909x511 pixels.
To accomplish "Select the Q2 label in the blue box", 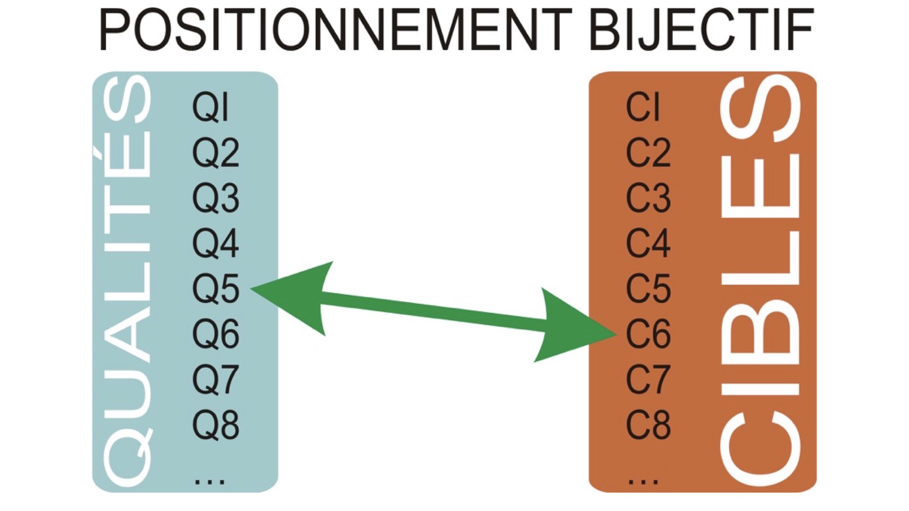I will pos(215,153).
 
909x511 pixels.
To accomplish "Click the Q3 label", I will pos(215,198).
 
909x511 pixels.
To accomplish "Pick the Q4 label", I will pos(215,243).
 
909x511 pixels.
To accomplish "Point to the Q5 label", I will pos(215,289).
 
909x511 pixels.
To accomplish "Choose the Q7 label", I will pos(215,379).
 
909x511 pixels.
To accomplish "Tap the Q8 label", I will pos(215,424).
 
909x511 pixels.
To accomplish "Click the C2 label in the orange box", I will pos(648,153).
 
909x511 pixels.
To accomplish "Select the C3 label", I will pos(648,198).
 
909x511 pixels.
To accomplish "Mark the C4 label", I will pos(648,243).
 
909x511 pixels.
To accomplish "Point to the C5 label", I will pos(648,289).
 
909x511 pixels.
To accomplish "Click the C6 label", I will pos(648,334).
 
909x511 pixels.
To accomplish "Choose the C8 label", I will pos(648,424).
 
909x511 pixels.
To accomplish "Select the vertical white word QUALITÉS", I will pos(122,282).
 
